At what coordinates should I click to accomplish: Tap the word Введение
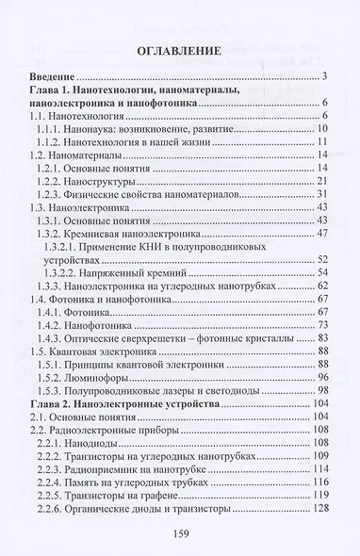coord(53,75)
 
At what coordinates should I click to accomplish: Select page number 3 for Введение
coord(323,75)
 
